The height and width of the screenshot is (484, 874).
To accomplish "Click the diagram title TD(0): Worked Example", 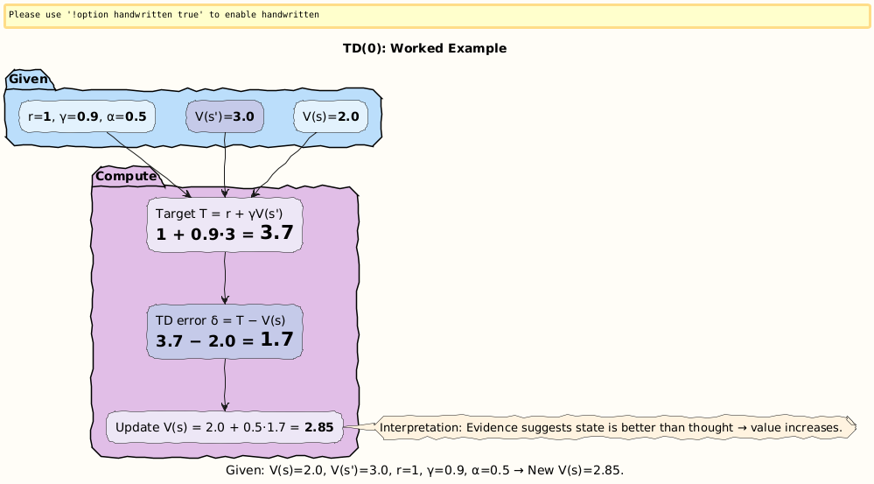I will (x=424, y=48).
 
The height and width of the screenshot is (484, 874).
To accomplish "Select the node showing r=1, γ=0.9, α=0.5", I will (x=87, y=116).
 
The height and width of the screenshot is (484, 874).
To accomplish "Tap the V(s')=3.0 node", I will (x=225, y=116).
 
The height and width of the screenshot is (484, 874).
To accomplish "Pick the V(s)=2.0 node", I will (x=330, y=116).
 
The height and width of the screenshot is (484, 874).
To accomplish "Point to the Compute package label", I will (x=126, y=177).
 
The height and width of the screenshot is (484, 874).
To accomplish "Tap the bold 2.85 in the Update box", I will (x=319, y=428).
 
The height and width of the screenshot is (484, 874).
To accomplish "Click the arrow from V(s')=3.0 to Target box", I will (x=226, y=166).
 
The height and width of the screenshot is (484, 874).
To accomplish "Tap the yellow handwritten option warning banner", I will (x=437, y=16).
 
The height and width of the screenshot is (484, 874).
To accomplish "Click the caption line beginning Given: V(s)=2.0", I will (x=424, y=470).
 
